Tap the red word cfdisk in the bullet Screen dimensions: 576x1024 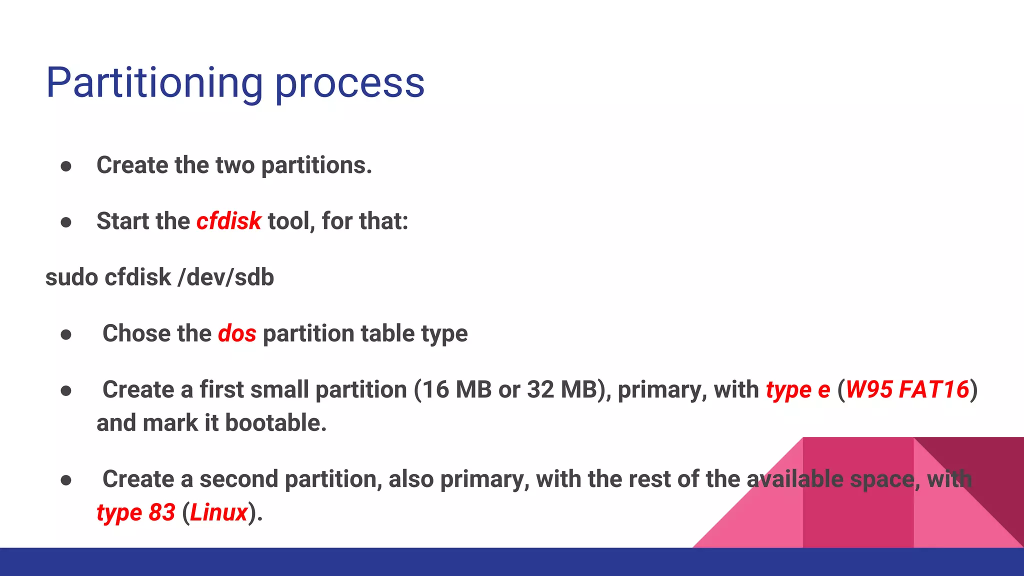[x=228, y=221]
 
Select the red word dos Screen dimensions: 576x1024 [x=237, y=333]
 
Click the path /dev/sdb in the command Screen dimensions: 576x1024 [x=226, y=277]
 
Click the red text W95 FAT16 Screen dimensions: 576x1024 [x=907, y=389]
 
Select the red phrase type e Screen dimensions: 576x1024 [x=797, y=390]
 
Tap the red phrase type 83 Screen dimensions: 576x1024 [x=136, y=512]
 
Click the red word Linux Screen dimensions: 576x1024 [x=219, y=512]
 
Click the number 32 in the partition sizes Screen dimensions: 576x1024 [x=540, y=389]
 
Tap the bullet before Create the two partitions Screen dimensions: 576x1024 [x=66, y=166]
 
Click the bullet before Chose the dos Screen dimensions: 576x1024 [x=66, y=334]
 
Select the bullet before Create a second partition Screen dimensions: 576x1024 [x=66, y=480]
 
